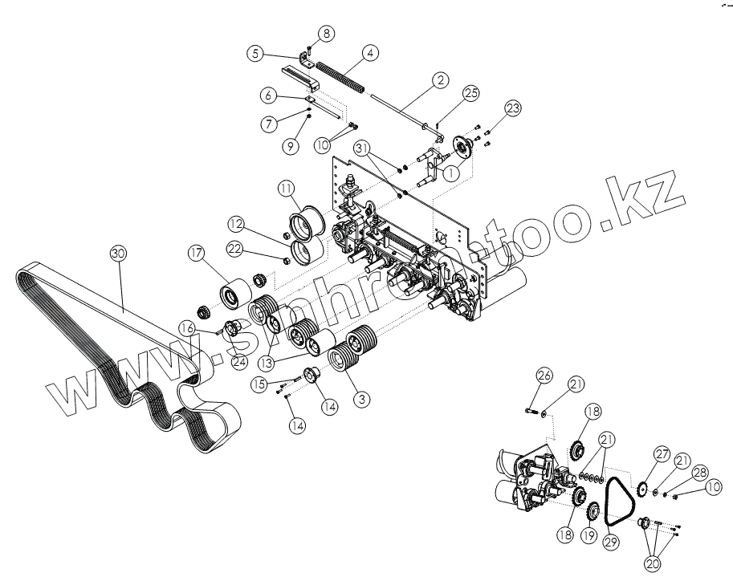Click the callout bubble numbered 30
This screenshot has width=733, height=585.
(118, 254)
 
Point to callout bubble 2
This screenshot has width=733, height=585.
(440, 80)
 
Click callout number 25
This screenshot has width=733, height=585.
(470, 93)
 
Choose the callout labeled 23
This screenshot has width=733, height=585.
(512, 108)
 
